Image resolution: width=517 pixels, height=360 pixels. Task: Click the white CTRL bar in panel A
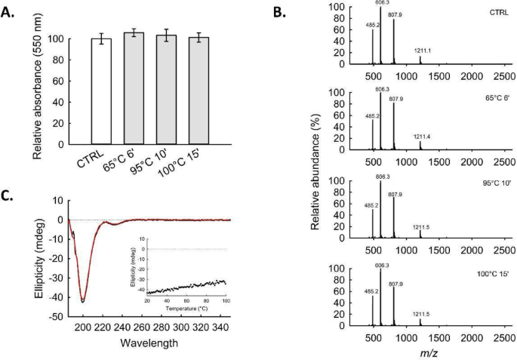pos(100,91)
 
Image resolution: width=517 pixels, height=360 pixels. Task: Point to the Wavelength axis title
pos(149,341)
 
